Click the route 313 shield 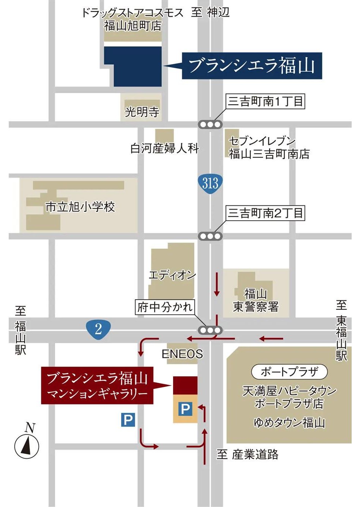(210, 183)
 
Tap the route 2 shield (98, 328)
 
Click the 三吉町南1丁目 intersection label (265, 101)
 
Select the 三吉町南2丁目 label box (265, 213)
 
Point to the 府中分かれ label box (165, 307)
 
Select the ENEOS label (182, 354)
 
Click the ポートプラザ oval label (289, 372)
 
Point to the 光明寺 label (142, 112)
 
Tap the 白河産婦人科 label (164, 148)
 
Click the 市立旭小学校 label (80, 207)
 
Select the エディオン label (172, 275)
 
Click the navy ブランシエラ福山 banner (252, 66)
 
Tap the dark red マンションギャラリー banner (97, 385)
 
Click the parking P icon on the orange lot (185, 409)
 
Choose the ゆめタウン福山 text (289, 422)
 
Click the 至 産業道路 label (248, 454)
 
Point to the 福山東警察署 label (256, 300)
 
